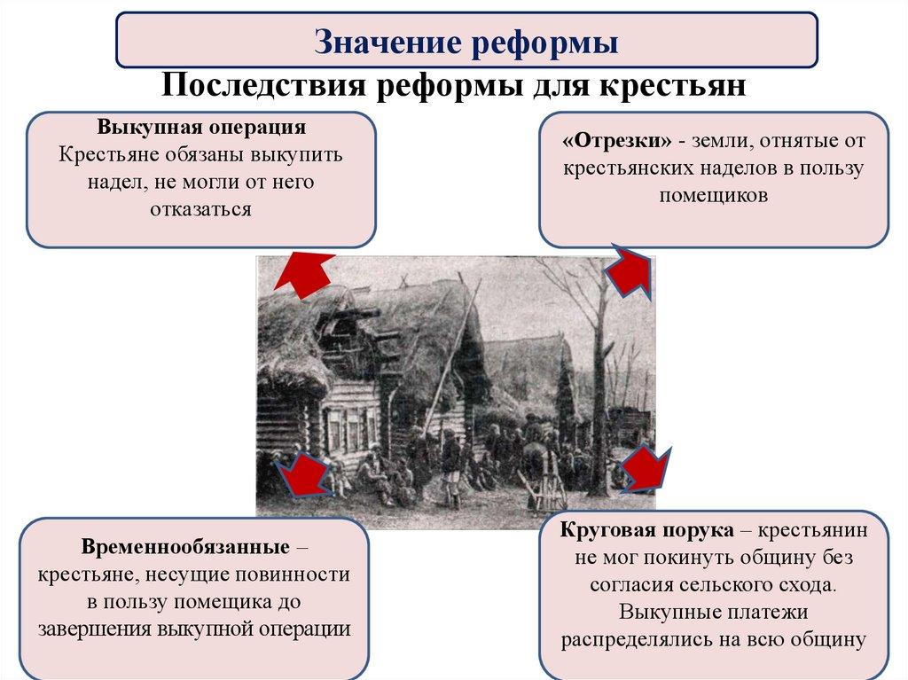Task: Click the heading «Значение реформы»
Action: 466,42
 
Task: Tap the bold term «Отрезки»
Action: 616,140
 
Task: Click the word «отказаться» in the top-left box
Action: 201,209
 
